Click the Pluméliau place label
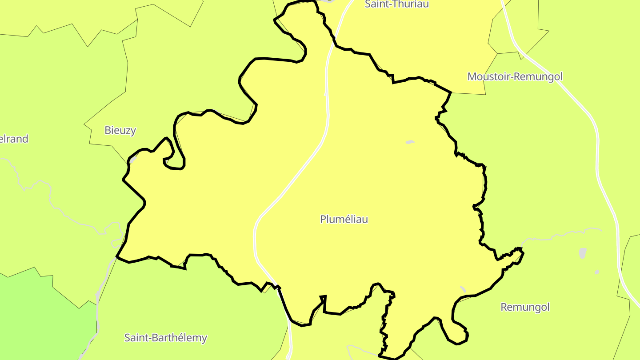pos(344,219)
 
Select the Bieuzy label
pos(120,130)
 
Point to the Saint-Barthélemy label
pos(165,338)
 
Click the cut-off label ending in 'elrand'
pos(14,139)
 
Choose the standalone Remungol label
pos(525,307)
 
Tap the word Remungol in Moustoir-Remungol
pos(539,76)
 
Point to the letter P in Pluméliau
pos(323,219)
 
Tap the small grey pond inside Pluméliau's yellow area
pos(410,142)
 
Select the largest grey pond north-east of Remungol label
pos(583,253)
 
